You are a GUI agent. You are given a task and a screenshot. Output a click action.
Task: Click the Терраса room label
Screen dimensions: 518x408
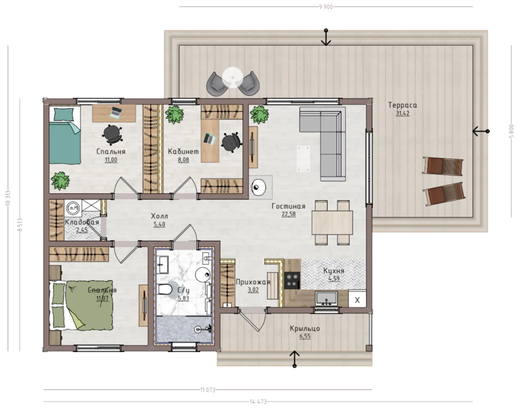(x=402, y=105)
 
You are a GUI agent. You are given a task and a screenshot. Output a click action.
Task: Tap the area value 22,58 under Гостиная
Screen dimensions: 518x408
(x=288, y=214)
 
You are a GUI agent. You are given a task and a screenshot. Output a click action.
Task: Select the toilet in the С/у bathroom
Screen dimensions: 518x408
(x=165, y=289)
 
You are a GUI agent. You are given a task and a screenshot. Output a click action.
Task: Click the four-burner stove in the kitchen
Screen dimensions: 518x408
(x=292, y=280)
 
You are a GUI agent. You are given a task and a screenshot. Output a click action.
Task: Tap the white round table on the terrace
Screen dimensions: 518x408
(x=232, y=77)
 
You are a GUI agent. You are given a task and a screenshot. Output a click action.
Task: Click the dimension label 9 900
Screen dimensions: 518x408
(x=326, y=7)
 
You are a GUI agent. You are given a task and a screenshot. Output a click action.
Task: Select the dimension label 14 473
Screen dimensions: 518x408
(x=258, y=402)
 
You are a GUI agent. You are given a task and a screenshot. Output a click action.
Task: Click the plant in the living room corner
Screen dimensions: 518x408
(x=259, y=114)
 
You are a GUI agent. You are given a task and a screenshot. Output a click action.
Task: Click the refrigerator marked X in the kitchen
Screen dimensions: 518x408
(x=357, y=300)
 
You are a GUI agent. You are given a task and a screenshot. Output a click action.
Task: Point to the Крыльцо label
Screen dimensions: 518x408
(x=305, y=329)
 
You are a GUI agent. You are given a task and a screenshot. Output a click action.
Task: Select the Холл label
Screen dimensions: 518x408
(x=159, y=216)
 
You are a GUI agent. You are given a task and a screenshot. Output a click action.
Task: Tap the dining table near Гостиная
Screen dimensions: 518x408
(x=332, y=223)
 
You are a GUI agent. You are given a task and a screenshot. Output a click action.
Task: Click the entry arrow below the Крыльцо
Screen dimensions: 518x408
(x=295, y=359)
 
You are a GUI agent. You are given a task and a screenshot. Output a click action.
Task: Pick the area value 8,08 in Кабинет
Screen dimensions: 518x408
(x=183, y=160)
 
